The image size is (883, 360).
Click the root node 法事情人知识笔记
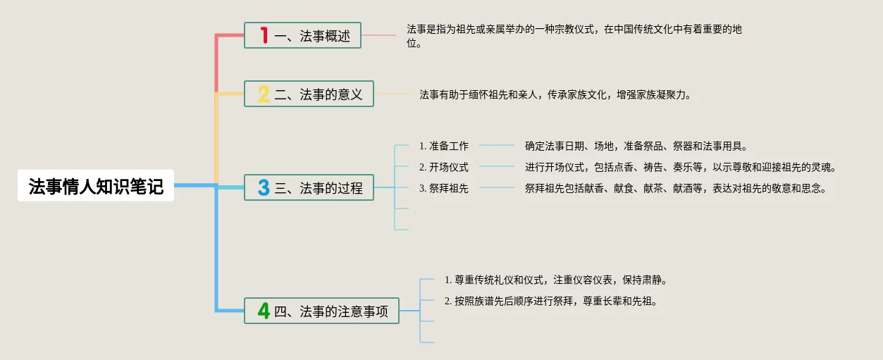[96, 186]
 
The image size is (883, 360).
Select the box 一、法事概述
[302, 36]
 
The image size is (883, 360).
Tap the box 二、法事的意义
[309, 94]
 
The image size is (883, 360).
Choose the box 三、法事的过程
[309, 187]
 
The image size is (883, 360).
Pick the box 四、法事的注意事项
[321, 311]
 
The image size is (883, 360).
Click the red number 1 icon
[264, 35]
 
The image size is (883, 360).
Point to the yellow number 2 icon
[264, 94]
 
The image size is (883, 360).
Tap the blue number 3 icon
[264, 187]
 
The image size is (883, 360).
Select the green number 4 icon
[264, 311]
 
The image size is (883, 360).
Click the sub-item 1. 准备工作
[444, 147]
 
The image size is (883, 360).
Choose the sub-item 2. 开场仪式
[444, 168]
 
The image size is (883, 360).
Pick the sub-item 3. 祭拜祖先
[444, 188]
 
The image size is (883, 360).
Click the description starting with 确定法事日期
[636, 147]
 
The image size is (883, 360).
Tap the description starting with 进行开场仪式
[680, 168]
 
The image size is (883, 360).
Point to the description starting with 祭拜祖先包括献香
[675, 188]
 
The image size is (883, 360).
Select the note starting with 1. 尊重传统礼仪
[555, 280]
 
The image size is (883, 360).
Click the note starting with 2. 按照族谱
[550, 302]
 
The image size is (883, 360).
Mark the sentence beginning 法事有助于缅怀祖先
[555, 94]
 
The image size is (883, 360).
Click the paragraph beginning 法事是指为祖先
[574, 36]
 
